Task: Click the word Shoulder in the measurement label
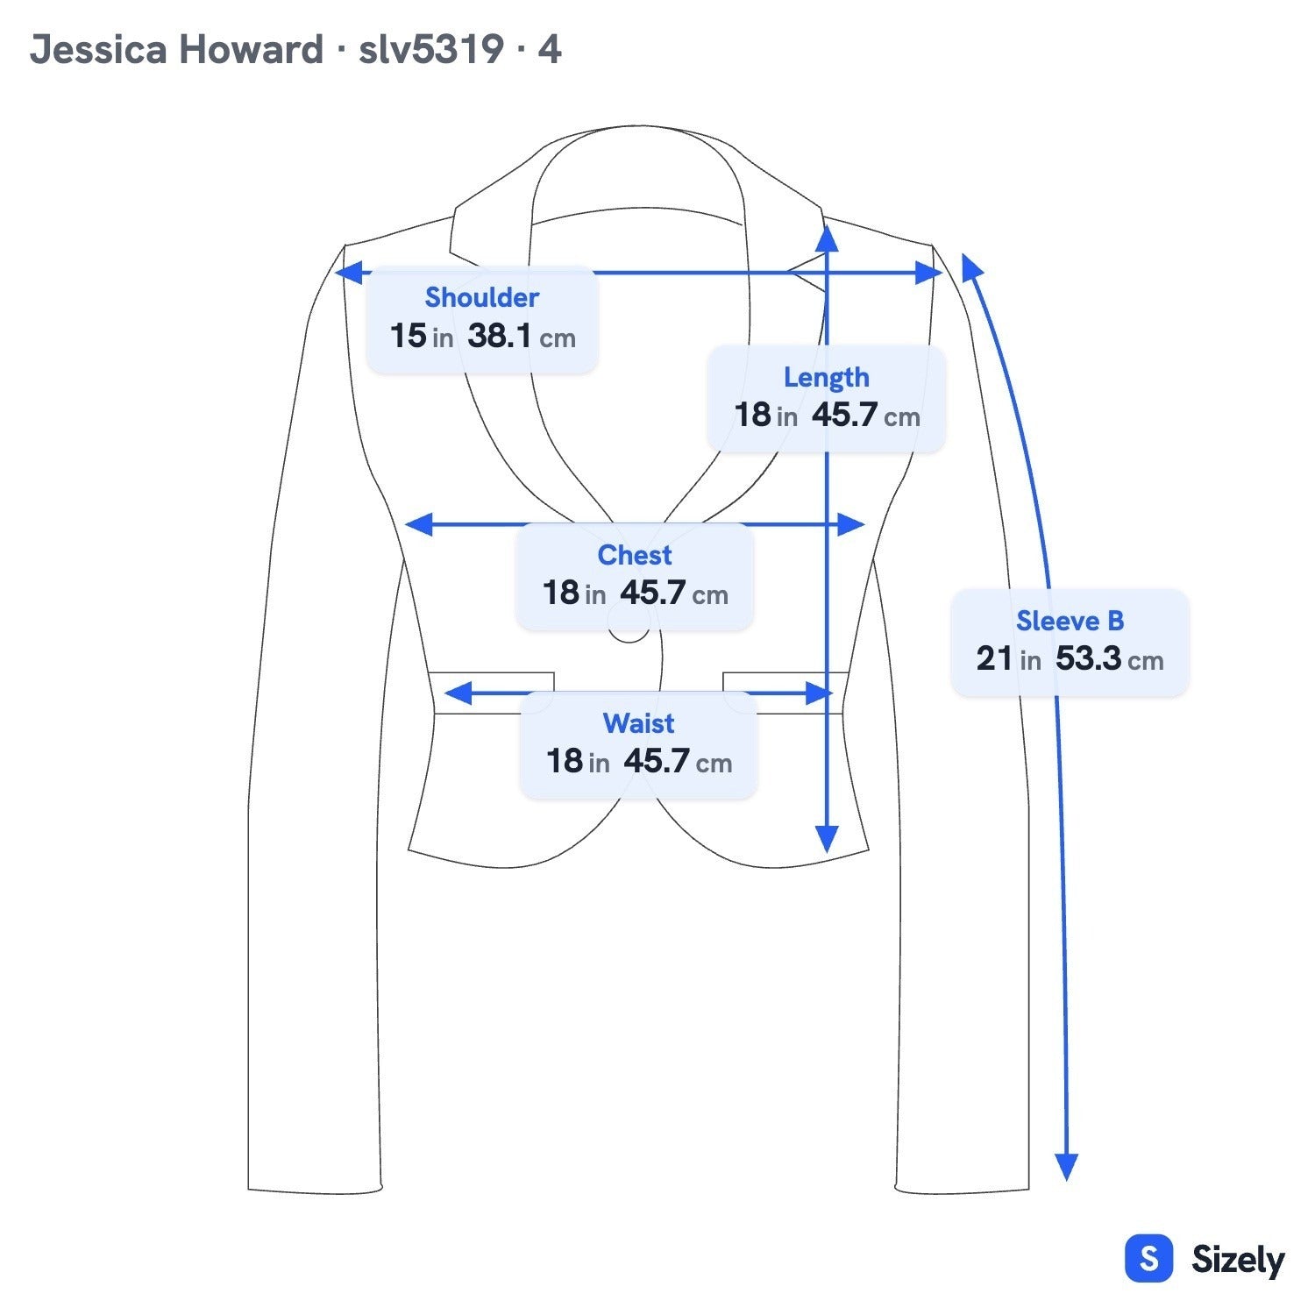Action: [x=481, y=297]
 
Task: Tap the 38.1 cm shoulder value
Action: [x=522, y=336]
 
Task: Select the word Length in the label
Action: [x=827, y=377]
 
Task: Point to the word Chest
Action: [x=635, y=555]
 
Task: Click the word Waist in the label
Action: [x=638, y=723]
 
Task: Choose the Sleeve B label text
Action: [x=1070, y=621]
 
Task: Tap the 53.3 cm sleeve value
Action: [x=1109, y=658]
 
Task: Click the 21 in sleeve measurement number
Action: [x=1008, y=658]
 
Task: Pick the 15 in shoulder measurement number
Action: [x=421, y=336]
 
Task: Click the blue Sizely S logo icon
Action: [x=1148, y=1259]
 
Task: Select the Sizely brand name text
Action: [x=1238, y=1260]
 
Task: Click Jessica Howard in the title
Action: [x=176, y=49]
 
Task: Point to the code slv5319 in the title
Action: [x=430, y=49]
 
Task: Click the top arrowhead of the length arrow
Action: [x=827, y=238]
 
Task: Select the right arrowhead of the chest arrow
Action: [x=851, y=525]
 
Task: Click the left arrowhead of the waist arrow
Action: [x=458, y=693]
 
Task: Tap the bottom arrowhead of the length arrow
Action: [x=827, y=840]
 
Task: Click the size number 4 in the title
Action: [x=549, y=49]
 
